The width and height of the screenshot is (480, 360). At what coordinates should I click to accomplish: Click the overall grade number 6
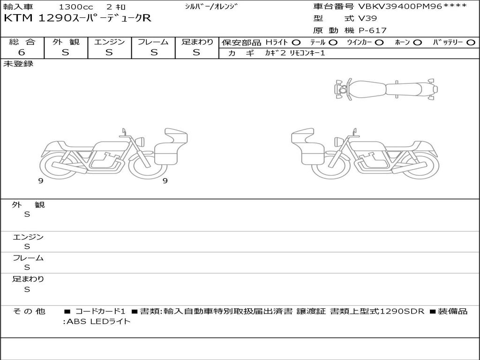pos(22,52)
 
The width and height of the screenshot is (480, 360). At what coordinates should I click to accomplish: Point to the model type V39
pos(367,18)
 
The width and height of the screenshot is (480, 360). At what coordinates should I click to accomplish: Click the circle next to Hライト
pos(296,43)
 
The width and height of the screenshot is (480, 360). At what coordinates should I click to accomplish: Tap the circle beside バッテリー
pos(471,43)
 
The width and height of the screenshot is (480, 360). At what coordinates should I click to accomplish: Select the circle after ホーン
pos(418,43)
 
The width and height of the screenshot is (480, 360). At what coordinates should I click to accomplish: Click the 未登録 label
pos(18,64)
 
